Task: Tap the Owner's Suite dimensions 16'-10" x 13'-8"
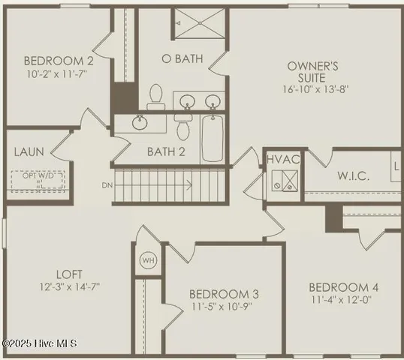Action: coord(318,88)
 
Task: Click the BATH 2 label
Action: coord(166,151)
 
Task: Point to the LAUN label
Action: coord(29,151)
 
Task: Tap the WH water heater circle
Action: coord(147,260)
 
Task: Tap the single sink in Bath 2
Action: coord(140,121)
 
